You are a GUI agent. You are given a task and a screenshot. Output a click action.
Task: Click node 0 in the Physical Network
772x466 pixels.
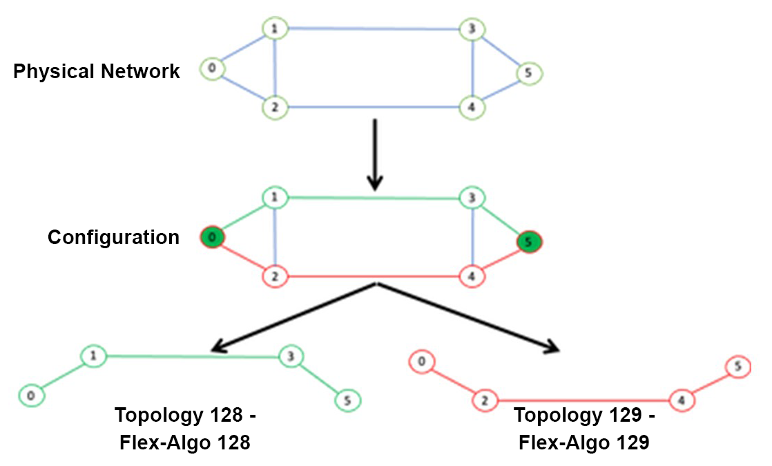coord(212,68)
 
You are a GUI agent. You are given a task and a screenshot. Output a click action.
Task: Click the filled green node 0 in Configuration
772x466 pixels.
coord(212,237)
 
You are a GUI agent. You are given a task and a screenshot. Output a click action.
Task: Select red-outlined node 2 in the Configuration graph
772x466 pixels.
coord(275,277)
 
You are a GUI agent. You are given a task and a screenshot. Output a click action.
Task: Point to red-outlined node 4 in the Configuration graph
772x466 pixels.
coord(472,277)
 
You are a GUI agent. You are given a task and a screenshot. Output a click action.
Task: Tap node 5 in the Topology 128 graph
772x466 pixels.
coord(348,400)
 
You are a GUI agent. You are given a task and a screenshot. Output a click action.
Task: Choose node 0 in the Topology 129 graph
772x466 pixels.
coord(421,361)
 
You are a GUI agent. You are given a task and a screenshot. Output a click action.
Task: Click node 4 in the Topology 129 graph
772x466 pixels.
coord(682,400)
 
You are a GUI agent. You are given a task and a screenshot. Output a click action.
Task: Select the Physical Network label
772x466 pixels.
coord(97,71)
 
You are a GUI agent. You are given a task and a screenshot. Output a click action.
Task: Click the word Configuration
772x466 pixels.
coord(113,238)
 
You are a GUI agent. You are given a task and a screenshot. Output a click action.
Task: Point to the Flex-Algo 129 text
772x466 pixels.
coord(583,442)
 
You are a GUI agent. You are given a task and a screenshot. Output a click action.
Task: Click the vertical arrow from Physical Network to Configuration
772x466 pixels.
coord(374,154)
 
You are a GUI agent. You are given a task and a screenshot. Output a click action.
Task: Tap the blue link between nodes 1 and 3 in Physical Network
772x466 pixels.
coord(374,29)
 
